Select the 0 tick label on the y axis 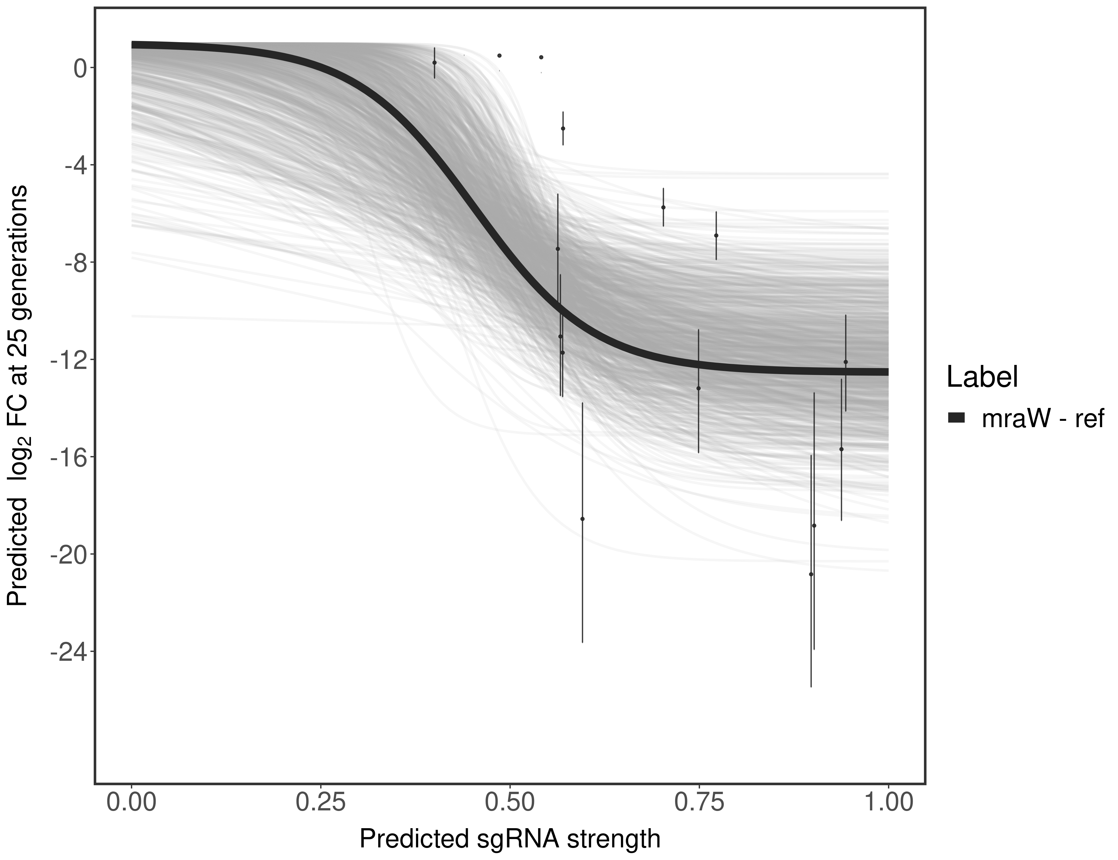tap(80, 69)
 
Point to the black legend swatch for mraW tap(956, 418)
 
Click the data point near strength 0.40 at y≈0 tap(435, 62)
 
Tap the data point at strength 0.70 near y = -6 tap(663, 207)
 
